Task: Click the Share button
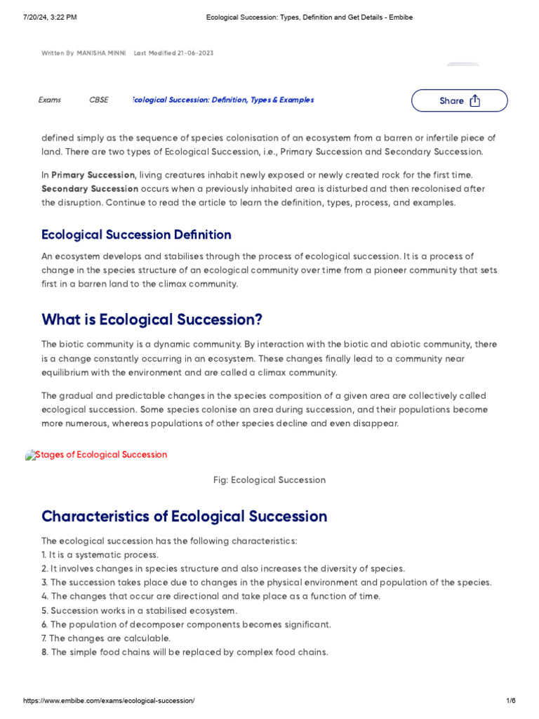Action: (459, 100)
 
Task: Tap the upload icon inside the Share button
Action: (475, 100)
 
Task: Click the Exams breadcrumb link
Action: (50, 100)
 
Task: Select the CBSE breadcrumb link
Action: (99, 100)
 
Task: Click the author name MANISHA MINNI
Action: (101, 53)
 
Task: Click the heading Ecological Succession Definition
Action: (136, 235)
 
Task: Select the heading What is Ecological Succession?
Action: (152, 319)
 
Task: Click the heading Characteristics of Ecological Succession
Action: (184, 516)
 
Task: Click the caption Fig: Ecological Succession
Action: (269, 480)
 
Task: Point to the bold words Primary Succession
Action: (93, 175)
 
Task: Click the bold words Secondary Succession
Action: (90, 189)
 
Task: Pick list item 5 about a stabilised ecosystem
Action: (139, 610)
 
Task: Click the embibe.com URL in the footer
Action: (109, 701)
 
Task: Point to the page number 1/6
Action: (510, 701)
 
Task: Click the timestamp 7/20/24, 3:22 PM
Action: (50, 17)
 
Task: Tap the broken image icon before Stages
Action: (30, 455)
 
